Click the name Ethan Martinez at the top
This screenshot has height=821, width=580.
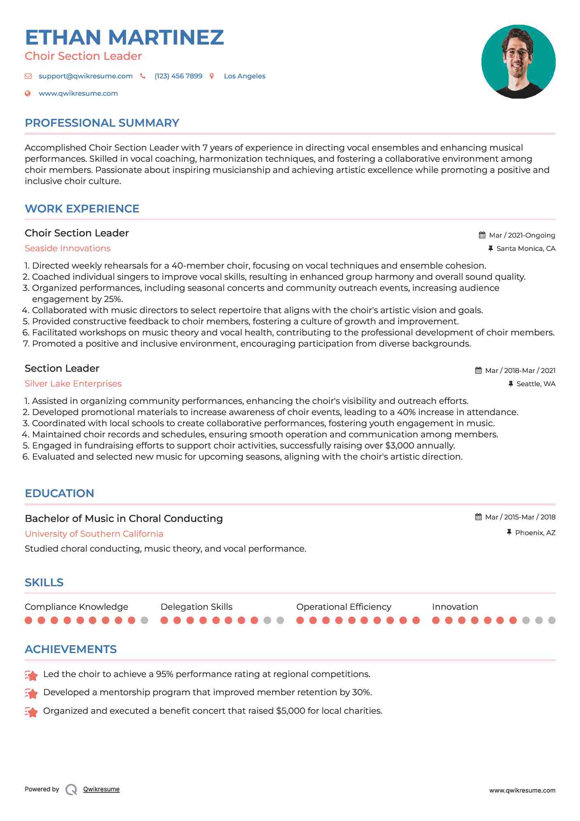coord(124,37)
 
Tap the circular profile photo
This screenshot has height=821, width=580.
coord(518,61)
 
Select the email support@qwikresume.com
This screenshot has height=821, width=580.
coord(85,76)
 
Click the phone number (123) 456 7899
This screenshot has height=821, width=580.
coord(178,76)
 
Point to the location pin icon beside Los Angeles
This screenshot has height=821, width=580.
coord(212,76)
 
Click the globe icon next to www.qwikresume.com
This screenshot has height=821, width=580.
coord(28,93)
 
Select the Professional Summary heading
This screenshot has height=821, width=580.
coord(102,123)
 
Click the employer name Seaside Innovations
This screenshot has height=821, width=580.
coord(68,248)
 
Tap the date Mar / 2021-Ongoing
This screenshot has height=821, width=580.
coord(522,235)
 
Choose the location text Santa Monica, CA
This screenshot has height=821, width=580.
coord(526,248)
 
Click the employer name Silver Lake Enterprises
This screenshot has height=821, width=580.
coord(73,384)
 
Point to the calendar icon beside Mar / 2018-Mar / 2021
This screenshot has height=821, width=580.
coord(478,370)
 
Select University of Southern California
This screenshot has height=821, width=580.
coord(94,534)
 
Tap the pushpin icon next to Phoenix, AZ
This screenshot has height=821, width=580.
coord(509,533)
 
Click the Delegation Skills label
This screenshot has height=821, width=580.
coord(196,607)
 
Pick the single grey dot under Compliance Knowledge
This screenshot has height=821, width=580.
coord(144,620)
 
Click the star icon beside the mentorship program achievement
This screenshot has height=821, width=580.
coord(31,693)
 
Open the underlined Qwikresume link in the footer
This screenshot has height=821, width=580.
coord(101,789)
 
